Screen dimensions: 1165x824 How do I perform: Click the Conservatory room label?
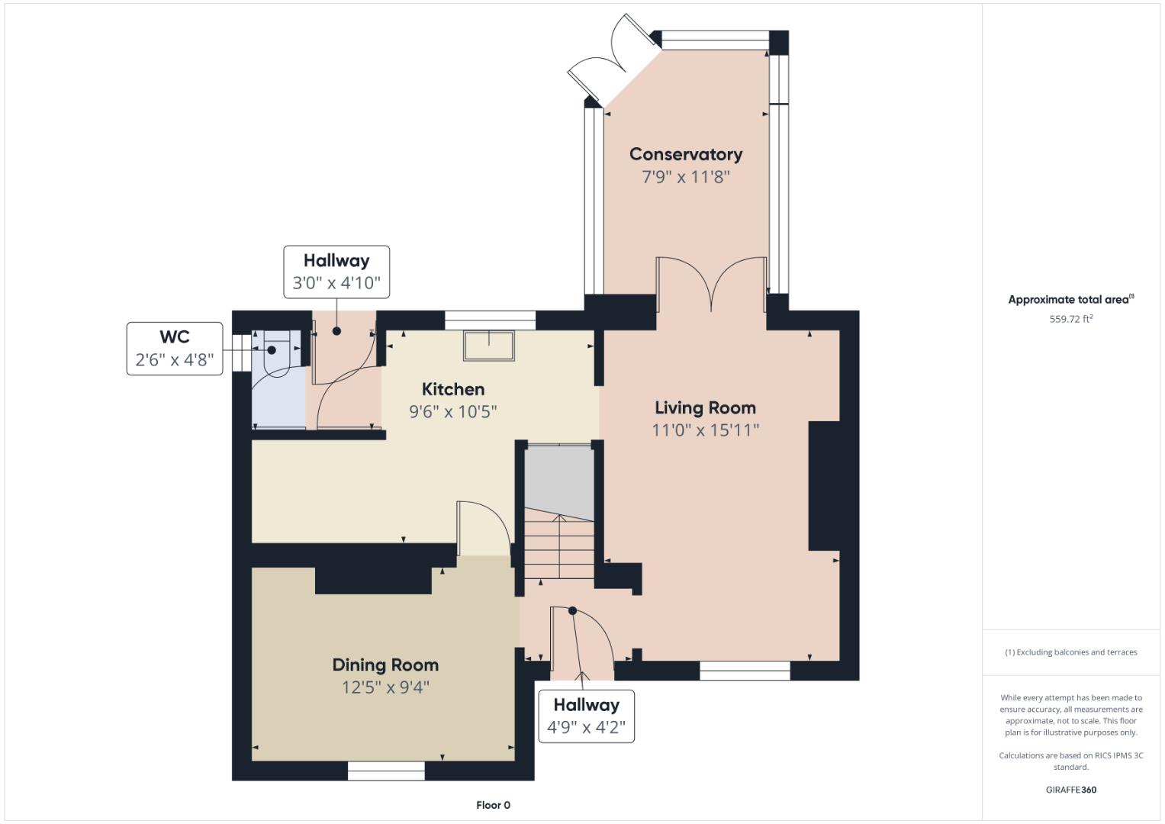tap(685, 154)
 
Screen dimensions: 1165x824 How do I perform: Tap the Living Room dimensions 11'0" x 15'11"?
tap(705, 430)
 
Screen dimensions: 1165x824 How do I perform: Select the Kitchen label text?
tap(453, 389)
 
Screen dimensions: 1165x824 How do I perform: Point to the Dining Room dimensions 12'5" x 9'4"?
tap(385, 687)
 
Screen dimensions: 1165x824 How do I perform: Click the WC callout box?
tap(175, 349)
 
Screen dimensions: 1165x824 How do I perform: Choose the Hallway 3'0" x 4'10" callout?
tap(336, 272)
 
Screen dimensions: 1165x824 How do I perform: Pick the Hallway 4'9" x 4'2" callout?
tap(586, 716)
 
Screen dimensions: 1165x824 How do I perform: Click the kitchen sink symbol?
tap(489, 346)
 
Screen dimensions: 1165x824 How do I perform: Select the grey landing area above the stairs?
tap(559, 481)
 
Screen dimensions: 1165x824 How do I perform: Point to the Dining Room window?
tap(386, 771)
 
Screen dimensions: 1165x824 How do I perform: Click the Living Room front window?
tap(745, 671)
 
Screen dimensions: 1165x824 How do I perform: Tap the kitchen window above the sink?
tap(490, 320)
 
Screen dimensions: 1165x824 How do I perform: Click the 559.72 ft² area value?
tap(1071, 319)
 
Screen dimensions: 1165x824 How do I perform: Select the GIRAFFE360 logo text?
tap(1071, 790)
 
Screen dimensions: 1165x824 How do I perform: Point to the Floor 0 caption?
tap(493, 805)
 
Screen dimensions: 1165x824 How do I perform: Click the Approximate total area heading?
tap(1071, 299)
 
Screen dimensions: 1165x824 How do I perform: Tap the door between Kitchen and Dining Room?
tap(483, 528)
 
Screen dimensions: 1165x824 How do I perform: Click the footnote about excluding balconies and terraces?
tap(1071, 652)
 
